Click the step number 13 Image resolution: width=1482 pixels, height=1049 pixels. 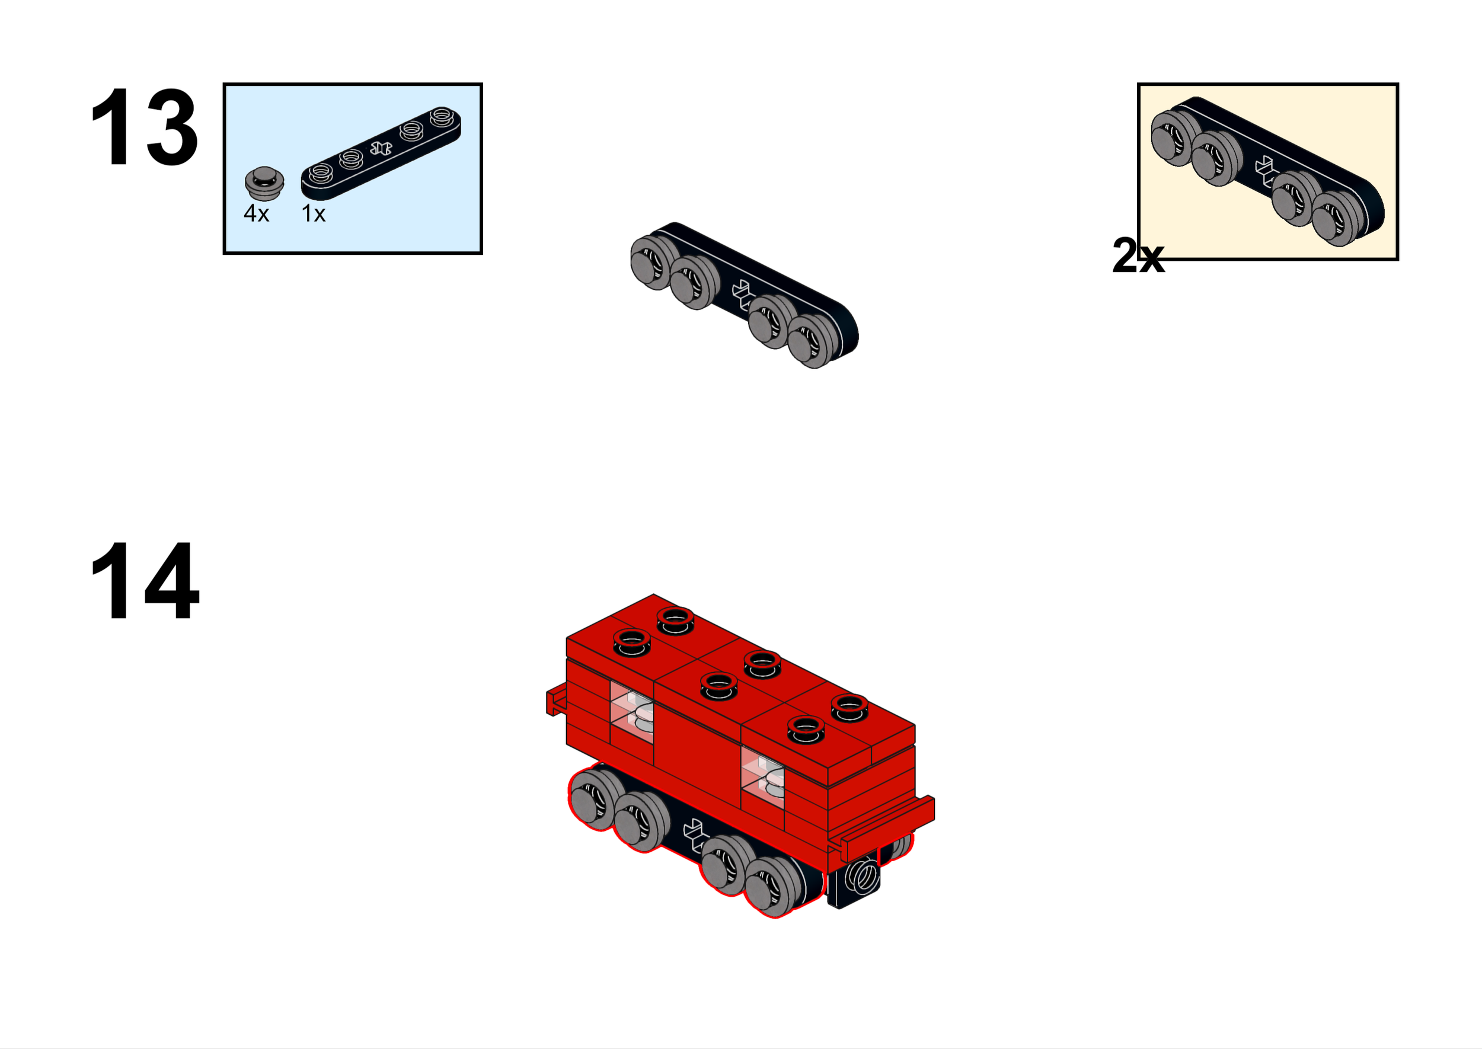[143, 127]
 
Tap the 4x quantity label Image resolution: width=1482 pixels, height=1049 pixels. [256, 213]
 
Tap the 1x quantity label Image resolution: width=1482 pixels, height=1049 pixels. [314, 213]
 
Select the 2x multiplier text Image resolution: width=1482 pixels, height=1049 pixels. [1138, 256]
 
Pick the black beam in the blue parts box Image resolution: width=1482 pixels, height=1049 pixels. [381, 153]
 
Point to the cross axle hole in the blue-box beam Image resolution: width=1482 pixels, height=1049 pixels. [381, 149]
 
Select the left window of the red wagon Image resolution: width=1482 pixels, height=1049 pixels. [631, 716]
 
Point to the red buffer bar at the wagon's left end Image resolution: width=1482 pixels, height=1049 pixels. [555, 702]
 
